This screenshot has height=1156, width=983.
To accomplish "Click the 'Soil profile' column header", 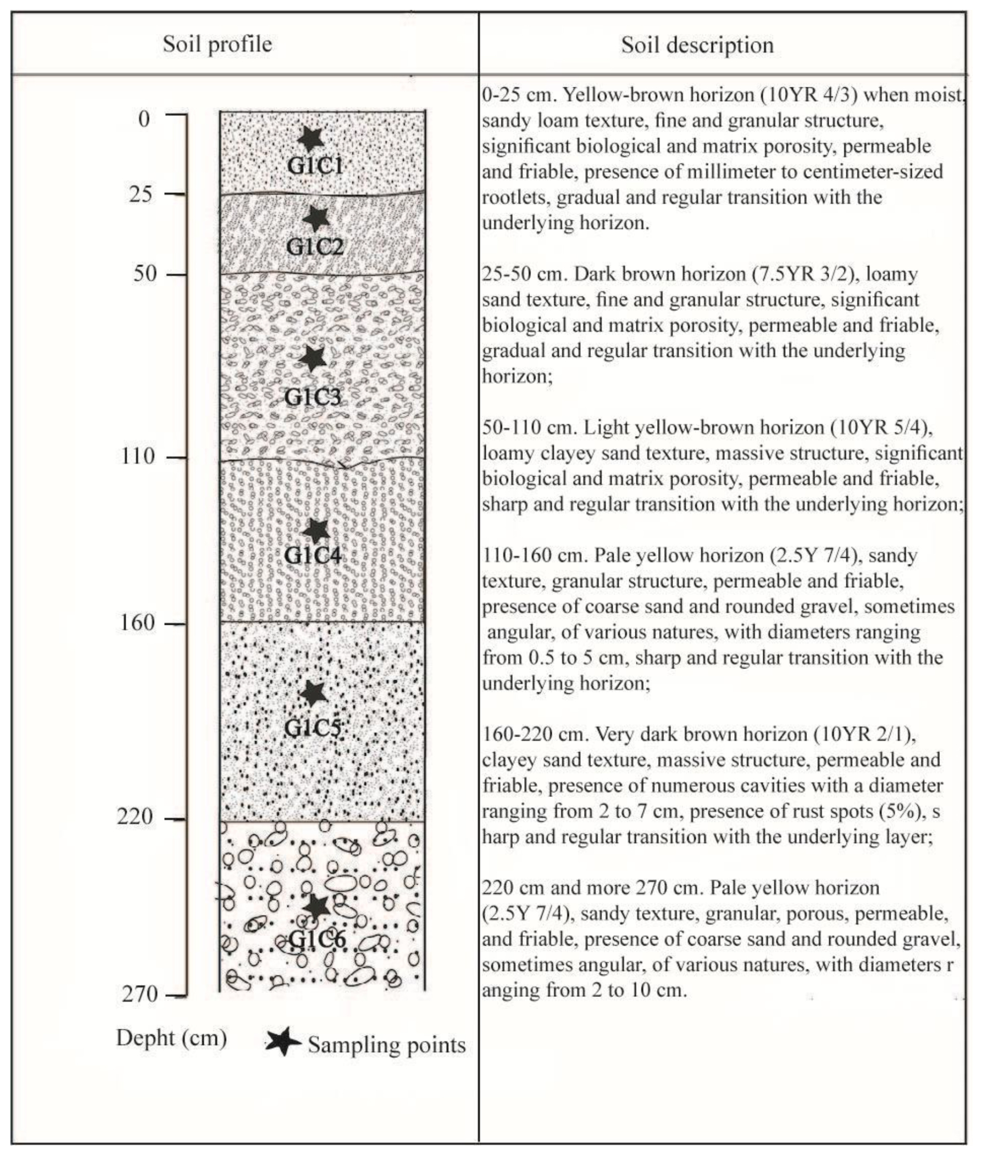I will [217, 45].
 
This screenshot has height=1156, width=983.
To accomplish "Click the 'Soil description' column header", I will [697, 45].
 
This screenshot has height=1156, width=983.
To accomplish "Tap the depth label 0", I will [144, 119].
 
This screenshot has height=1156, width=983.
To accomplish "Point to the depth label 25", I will [140, 194].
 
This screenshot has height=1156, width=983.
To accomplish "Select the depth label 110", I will [138, 456].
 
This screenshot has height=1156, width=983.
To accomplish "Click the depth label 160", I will [137, 623].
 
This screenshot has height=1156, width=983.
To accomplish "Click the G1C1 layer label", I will [315, 165].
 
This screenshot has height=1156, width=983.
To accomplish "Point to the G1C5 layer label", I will [313, 728].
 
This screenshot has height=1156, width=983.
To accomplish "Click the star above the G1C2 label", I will [316, 218].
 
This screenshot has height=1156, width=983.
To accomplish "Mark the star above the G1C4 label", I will [316, 531].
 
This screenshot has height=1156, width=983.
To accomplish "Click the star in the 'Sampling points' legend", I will [283, 1041].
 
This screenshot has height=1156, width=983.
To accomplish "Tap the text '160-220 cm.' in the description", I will [536, 734].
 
